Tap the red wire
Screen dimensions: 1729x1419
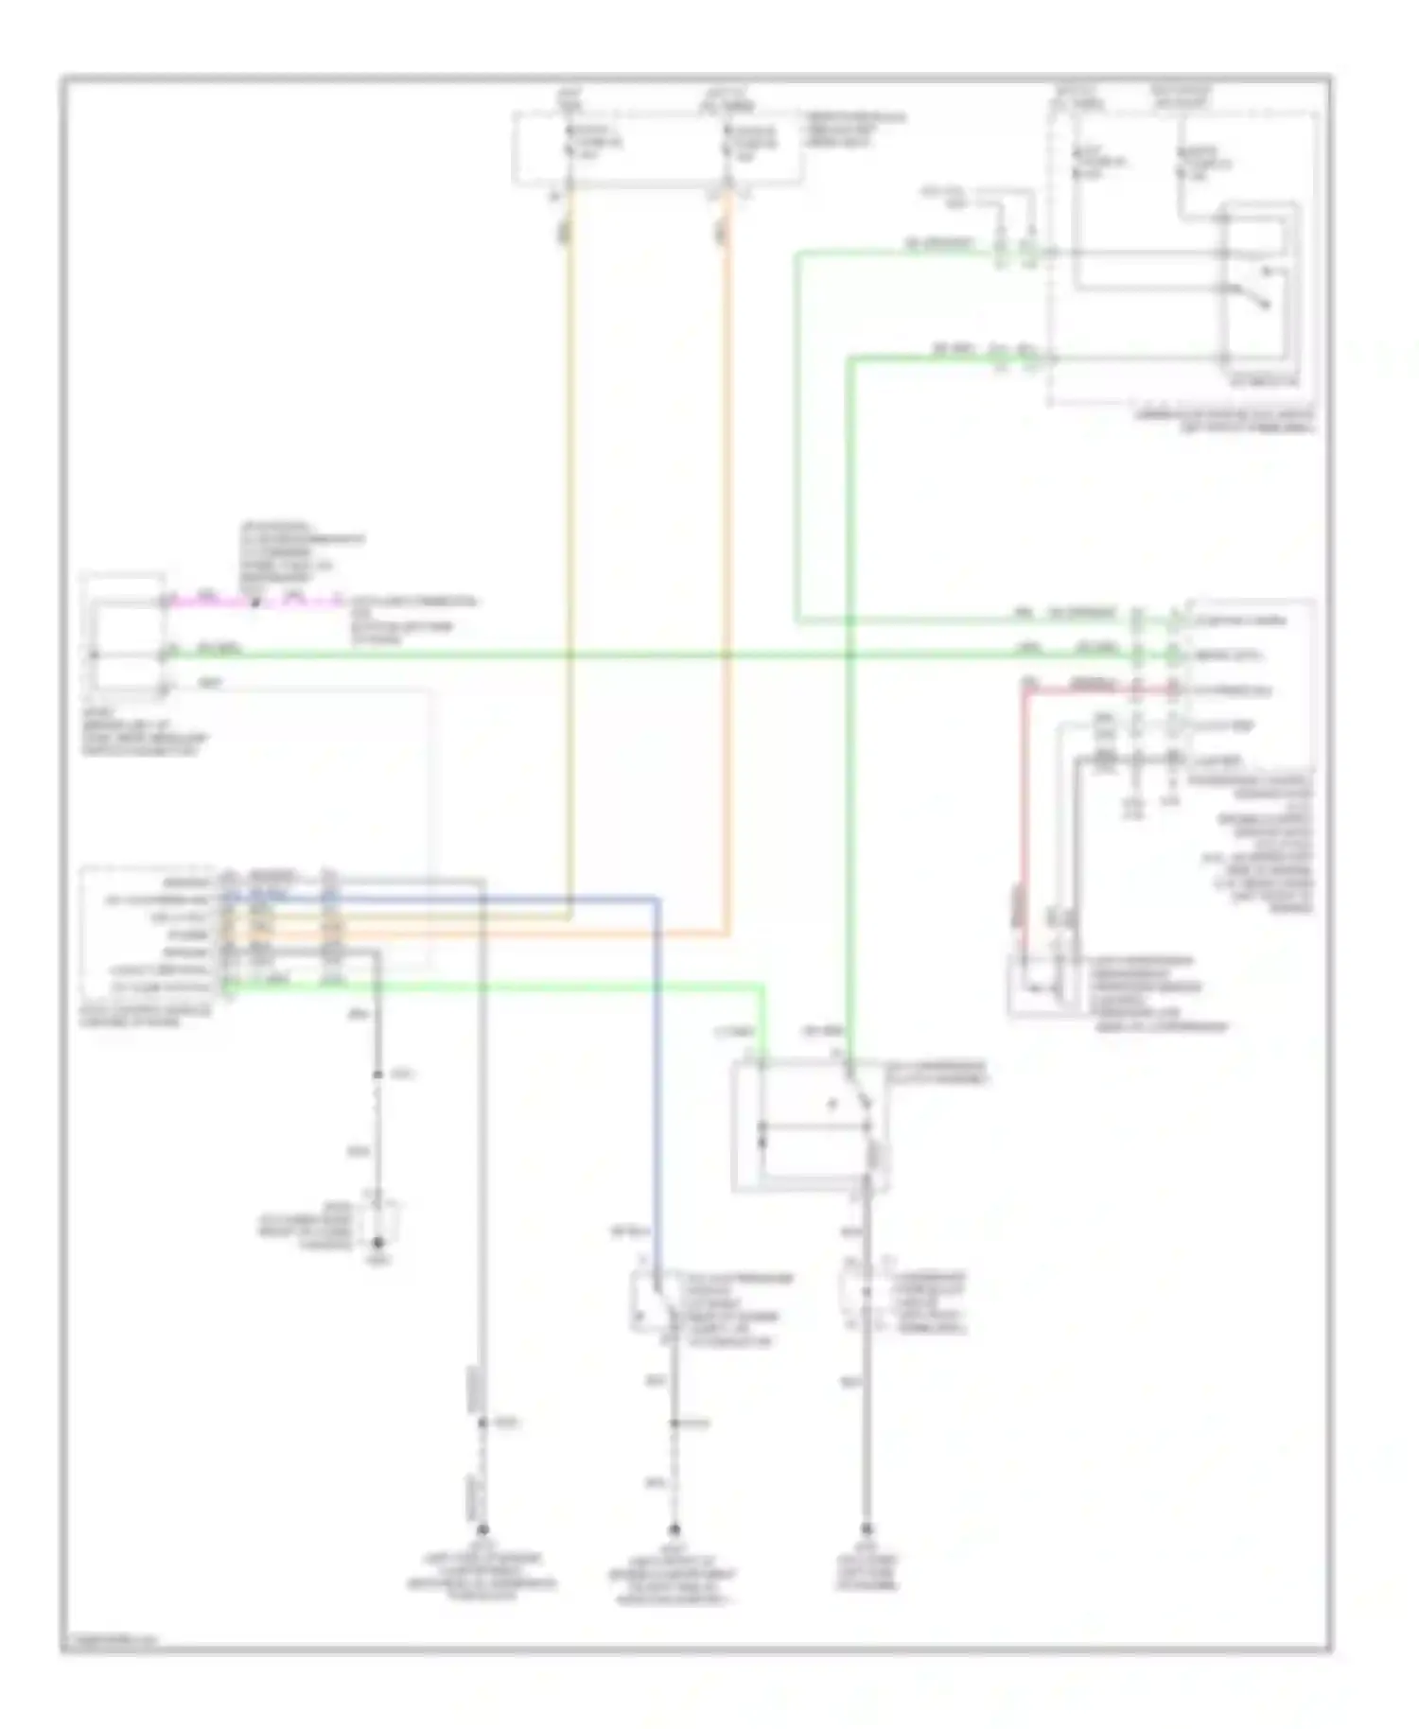(1024, 804)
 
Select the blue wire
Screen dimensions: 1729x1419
(657, 1088)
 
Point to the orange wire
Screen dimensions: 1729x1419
(728, 568)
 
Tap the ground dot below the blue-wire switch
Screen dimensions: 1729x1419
(674, 1529)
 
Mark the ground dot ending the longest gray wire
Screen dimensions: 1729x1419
(482, 1529)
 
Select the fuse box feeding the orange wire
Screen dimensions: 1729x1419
(659, 148)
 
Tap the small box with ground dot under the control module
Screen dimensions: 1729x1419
(378, 1226)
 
